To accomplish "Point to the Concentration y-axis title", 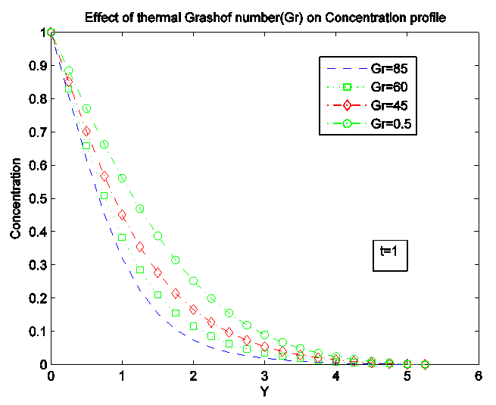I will click(x=16, y=198).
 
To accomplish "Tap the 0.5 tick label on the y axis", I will click(x=36, y=198).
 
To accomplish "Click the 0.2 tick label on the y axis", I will click(x=36, y=298).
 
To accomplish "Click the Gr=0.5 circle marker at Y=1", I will click(x=122, y=179).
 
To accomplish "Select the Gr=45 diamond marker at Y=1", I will click(x=122, y=215).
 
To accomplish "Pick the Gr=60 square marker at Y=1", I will click(x=122, y=238).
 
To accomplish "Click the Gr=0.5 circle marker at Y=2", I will click(x=193, y=281).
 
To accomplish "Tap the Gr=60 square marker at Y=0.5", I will click(x=86, y=146).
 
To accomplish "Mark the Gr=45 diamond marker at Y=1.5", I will click(x=158, y=273).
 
